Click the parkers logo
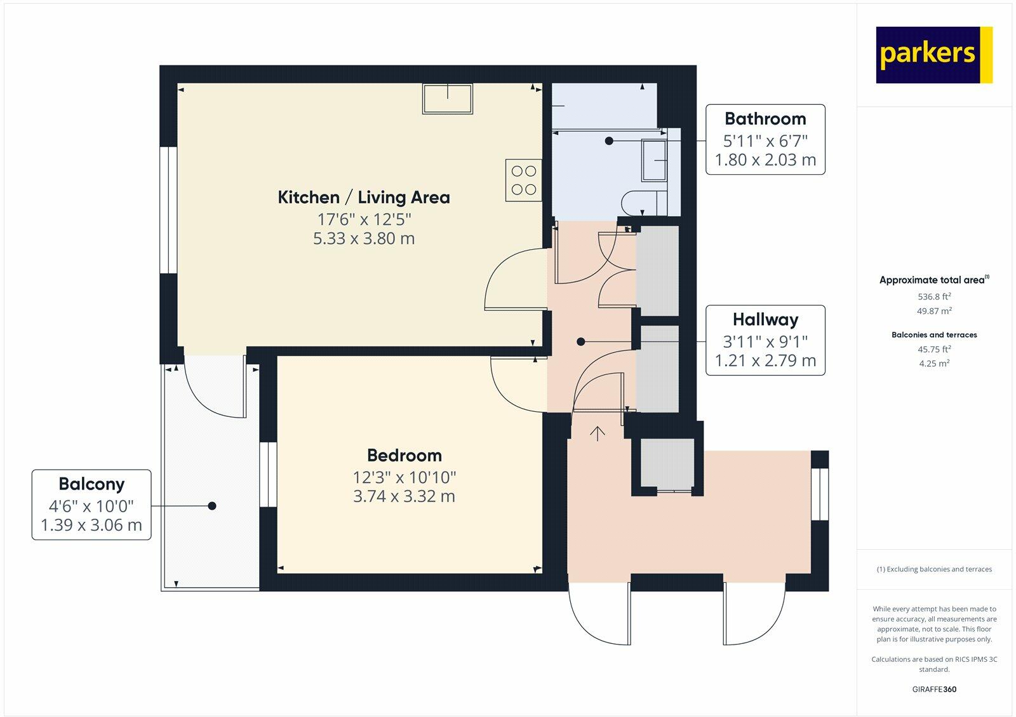(933, 55)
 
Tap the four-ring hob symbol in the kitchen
(524, 180)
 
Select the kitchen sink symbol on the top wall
(448, 99)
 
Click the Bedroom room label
(404, 456)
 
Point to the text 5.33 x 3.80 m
(364, 239)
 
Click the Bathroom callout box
(765, 139)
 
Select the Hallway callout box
(765, 340)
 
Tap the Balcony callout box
(91, 505)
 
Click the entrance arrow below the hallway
(598, 434)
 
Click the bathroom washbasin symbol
(655, 160)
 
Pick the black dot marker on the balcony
(212, 506)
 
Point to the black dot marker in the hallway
(580, 342)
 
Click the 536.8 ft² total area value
(934, 297)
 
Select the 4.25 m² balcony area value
(934, 364)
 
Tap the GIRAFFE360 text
(934, 689)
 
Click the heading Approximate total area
(932, 280)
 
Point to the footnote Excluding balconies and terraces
(934, 570)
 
